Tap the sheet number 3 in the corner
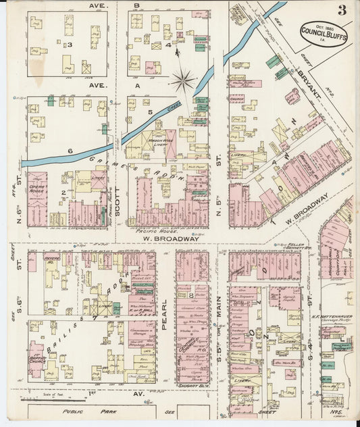pyautogui.click(x=344, y=9)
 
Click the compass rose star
pyautogui.click(x=182, y=81)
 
